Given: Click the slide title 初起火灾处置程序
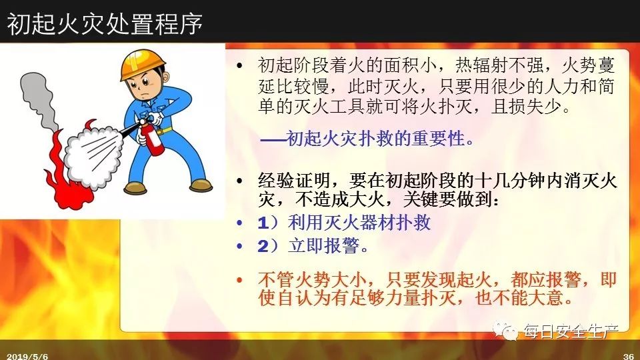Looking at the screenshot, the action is (105, 23).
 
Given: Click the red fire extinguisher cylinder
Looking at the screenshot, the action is (151, 138).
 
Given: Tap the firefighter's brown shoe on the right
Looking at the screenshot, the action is (201, 185).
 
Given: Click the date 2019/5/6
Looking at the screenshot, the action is (27, 356).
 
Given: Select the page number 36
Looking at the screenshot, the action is (629, 356).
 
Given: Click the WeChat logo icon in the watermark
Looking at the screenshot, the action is (505, 330).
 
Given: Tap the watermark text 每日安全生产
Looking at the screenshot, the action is (571, 331).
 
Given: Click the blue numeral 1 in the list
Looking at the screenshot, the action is (263, 223).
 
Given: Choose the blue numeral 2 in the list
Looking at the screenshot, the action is (263, 246).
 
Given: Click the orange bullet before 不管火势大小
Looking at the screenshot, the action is (239, 281).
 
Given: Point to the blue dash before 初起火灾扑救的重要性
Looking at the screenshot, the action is (273, 140).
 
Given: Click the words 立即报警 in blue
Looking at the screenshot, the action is (324, 246).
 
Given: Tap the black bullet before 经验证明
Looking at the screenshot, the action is (239, 181).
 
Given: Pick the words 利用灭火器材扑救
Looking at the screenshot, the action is (359, 223).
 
